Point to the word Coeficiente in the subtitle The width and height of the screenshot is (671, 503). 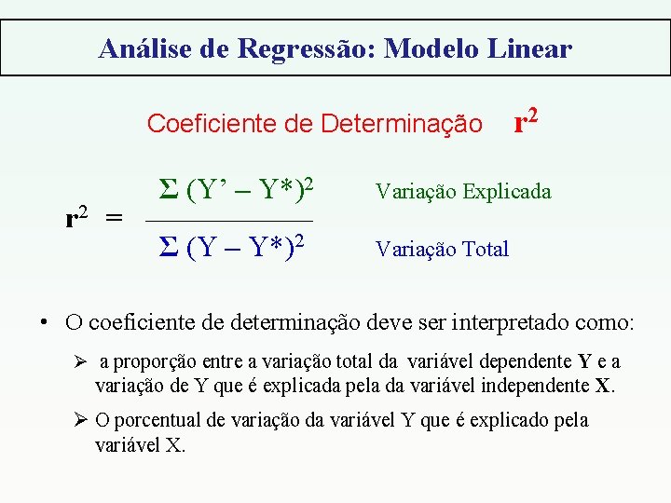point(204,123)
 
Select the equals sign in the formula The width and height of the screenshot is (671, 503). point(113,220)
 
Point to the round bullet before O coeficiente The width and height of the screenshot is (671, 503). point(43,323)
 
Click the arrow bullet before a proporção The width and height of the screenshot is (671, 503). point(80,361)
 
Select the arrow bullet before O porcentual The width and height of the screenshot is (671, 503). point(80,420)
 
